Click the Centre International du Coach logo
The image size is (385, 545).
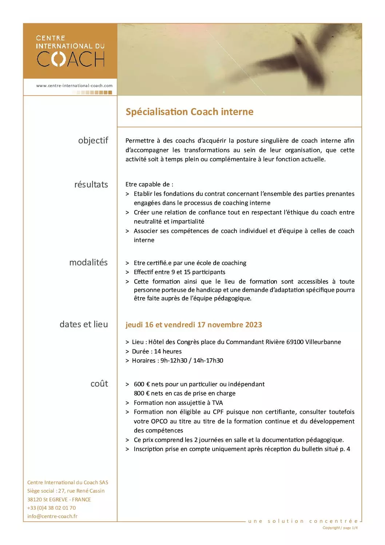click(x=70, y=51)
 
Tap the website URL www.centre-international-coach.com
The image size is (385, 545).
click(x=74, y=86)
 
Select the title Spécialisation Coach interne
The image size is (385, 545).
click(x=189, y=112)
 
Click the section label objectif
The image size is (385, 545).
click(x=93, y=141)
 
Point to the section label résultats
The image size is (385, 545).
click(x=91, y=185)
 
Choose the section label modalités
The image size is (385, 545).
click(x=88, y=262)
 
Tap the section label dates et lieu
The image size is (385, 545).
click(x=84, y=324)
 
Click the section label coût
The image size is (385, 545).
click(x=99, y=384)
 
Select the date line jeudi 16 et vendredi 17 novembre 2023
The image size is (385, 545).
click(x=194, y=325)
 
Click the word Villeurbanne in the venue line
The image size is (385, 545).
click(x=323, y=342)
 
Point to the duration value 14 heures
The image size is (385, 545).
click(x=168, y=351)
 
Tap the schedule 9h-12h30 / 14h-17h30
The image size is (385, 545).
click(x=192, y=360)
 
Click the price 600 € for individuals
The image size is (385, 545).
click(x=142, y=384)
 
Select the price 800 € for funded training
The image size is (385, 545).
click(x=142, y=393)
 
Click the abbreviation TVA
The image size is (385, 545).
click(x=217, y=403)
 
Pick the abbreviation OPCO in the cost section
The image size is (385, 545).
click(x=159, y=421)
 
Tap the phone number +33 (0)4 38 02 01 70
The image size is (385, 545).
click(x=52, y=508)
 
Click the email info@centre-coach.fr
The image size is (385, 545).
click(x=52, y=516)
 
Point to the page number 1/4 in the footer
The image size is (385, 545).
click(x=355, y=528)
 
